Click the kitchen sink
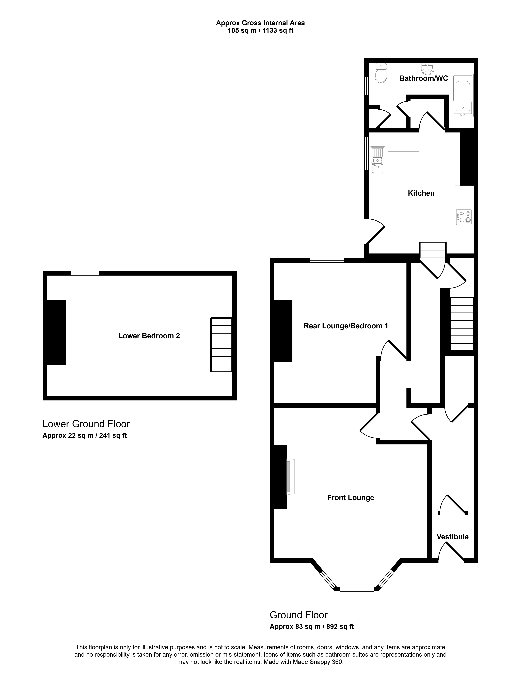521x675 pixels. click(x=378, y=161)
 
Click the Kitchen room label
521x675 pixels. click(x=421, y=193)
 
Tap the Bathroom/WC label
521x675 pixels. click(x=424, y=78)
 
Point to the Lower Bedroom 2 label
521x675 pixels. click(x=149, y=336)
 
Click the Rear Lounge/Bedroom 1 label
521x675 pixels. click(x=346, y=326)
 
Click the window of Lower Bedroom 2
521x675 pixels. click(x=85, y=273)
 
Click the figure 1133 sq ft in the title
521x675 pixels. click(x=278, y=31)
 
